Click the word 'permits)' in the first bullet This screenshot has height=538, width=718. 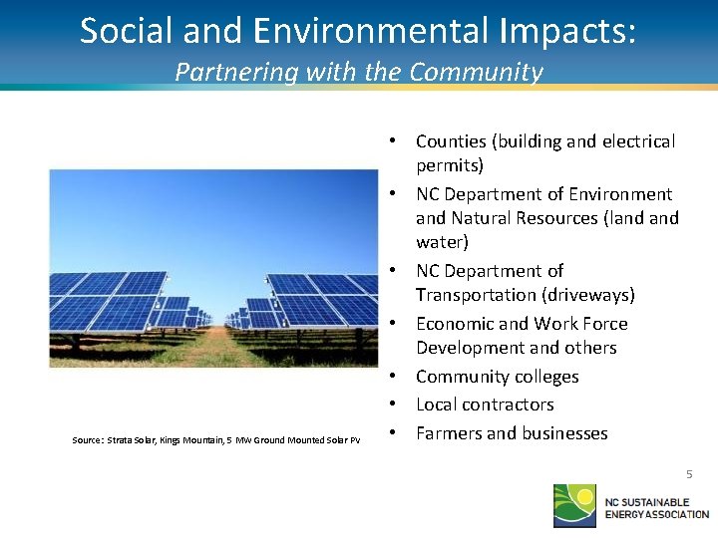coord(449,165)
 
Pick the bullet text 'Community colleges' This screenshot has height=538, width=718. coord(497,377)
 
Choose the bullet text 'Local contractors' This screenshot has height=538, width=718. coord(485,404)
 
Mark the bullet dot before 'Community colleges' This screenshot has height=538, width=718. coord(395,377)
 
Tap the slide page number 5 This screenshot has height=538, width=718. coord(688,474)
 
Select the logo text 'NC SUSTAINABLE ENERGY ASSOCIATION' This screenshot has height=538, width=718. coord(655,506)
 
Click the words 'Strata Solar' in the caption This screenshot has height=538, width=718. coord(133,439)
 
